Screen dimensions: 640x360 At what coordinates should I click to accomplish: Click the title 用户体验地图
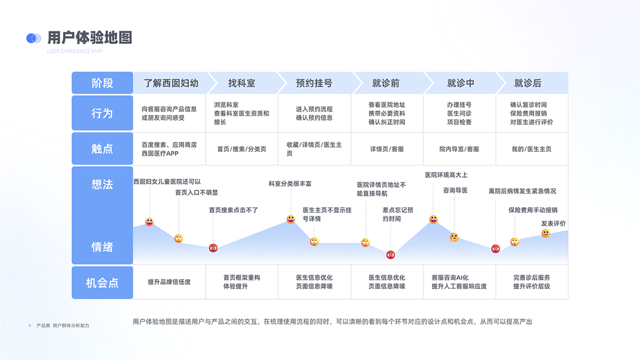pyautogui.click(x=89, y=38)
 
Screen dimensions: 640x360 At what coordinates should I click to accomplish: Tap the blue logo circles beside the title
pyautogui.click(x=34, y=38)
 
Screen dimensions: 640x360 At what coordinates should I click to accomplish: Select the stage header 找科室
pyautogui.click(x=242, y=83)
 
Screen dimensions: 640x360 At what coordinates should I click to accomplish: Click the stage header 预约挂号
pyautogui.click(x=314, y=83)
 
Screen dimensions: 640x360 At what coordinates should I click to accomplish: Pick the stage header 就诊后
pyautogui.click(x=528, y=83)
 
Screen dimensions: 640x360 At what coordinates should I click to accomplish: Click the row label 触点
pyautogui.click(x=102, y=149)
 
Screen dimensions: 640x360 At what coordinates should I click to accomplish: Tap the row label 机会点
pyautogui.click(x=102, y=283)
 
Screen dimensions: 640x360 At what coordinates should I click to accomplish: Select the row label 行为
pyautogui.click(x=102, y=113)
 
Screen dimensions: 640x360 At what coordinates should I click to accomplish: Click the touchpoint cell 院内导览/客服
pyautogui.click(x=459, y=149)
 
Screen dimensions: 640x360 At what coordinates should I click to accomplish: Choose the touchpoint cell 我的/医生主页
pyautogui.click(x=531, y=149)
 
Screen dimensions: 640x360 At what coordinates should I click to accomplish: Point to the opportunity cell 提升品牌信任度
pyautogui.click(x=169, y=282)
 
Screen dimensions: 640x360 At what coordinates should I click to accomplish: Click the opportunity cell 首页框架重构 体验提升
pyautogui.click(x=242, y=282)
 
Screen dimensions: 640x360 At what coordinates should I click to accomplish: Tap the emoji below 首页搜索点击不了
pyautogui.click(x=213, y=248)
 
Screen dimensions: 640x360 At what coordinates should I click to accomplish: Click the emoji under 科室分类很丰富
pyautogui.click(x=291, y=220)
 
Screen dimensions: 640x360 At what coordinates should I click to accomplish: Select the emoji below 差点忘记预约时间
pyautogui.click(x=390, y=254)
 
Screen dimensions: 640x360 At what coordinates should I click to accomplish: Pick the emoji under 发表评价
pyautogui.click(x=546, y=233)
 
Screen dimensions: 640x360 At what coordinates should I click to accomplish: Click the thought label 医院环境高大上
pyautogui.click(x=446, y=175)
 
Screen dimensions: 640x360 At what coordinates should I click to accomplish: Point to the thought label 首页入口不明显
pyautogui.click(x=196, y=193)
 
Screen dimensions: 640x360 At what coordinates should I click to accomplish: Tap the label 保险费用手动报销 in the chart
pyautogui.click(x=533, y=210)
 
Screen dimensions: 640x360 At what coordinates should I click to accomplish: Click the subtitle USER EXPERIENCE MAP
pyautogui.click(x=74, y=52)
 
